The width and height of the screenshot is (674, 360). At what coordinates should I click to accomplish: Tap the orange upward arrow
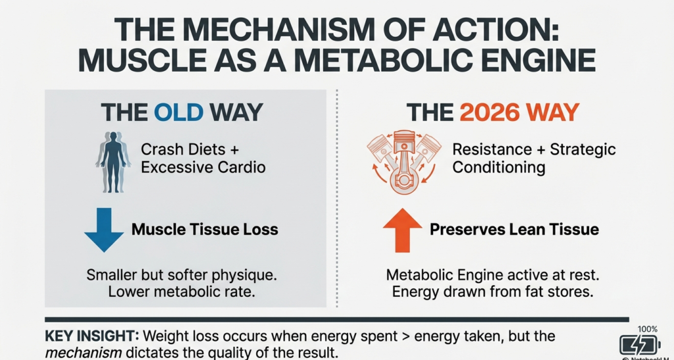[x=402, y=231]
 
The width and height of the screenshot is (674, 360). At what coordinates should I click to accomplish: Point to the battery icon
[x=639, y=345]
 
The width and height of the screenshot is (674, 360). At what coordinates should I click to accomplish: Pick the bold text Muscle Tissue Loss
[x=205, y=230]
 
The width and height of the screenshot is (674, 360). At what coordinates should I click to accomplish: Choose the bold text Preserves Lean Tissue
[x=514, y=230]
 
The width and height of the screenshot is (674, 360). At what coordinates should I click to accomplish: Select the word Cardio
[x=241, y=167]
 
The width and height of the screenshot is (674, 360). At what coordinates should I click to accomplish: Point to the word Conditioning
[x=499, y=167]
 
